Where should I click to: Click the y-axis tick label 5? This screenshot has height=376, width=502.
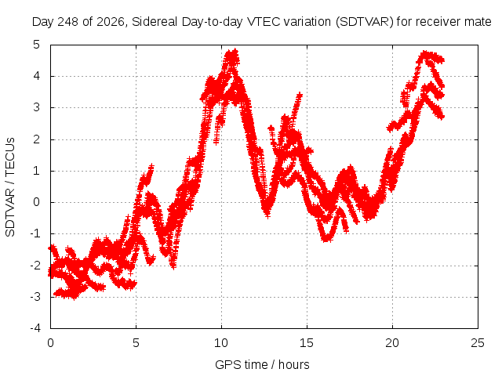pos(36,45)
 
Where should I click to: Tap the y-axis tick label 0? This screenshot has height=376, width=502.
pos(37,202)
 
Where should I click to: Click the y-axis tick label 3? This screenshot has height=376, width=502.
pos(37,107)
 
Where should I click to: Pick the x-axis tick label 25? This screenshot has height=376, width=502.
pos(478,343)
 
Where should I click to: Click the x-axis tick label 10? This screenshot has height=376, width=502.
pos(221,343)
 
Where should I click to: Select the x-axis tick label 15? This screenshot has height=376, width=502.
pos(307,343)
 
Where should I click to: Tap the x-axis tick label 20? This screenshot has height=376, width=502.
pos(392,343)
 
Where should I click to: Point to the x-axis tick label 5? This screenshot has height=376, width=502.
pos(136,343)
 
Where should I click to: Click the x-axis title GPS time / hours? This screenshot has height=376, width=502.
pos(262,365)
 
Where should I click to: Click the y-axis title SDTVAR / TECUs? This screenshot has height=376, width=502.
pos(10,187)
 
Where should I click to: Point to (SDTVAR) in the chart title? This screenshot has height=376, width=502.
pos(365,22)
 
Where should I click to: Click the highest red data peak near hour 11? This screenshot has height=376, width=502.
pos(235,51)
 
